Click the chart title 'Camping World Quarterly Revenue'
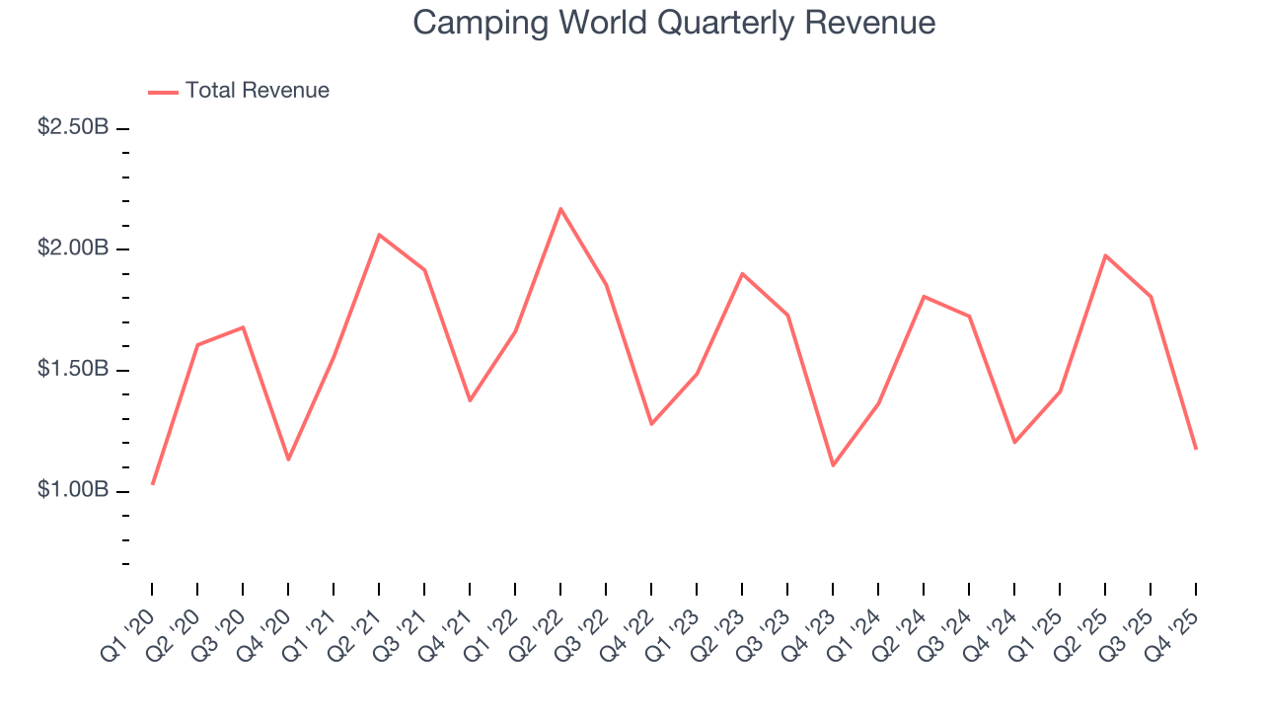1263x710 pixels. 674,23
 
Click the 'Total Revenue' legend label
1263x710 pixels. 257,91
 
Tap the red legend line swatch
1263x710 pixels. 163,92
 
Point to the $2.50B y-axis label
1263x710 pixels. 73,127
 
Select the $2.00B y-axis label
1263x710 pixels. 73,248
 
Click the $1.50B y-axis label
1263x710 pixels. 73,370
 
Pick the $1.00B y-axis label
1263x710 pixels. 73,490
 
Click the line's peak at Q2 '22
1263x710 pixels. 560,209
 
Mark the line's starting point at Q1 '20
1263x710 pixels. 152,483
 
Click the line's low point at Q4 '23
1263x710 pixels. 833,464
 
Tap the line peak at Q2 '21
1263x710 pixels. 379,235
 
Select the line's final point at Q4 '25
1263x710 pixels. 1196,449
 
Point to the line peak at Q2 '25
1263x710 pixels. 1105,255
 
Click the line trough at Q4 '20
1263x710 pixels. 288,460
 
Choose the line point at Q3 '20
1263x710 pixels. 243,327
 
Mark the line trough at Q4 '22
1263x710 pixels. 651,424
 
